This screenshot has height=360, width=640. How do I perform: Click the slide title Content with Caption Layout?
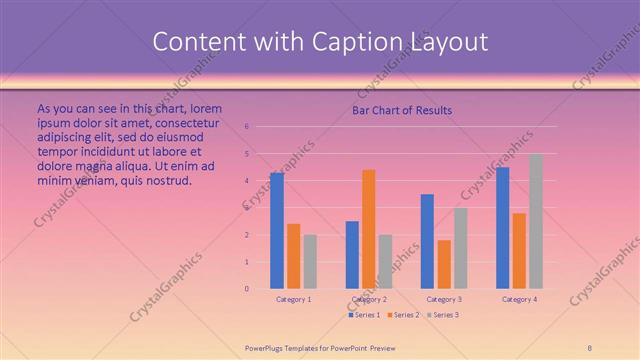(x=319, y=42)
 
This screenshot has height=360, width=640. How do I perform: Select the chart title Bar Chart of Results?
(x=401, y=110)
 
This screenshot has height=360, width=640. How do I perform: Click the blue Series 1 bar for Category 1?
(x=277, y=231)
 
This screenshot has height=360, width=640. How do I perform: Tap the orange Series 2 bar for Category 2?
(x=369, y=229)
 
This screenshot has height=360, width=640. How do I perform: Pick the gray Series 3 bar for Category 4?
(x=536, y=221)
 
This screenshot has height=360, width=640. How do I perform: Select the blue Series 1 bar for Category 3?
(x=427, y=241)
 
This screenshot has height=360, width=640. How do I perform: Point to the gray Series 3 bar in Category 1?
(x=310, y=261)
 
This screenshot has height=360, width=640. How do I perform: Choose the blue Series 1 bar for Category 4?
(x=502, y=228)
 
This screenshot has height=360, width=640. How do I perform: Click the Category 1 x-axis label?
(x=294, y=299)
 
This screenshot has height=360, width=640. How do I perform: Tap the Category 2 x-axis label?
(x=369, y=299)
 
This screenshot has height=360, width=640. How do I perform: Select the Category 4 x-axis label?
(x=519, y=299)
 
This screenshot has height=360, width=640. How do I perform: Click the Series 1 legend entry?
(x=366, y=315)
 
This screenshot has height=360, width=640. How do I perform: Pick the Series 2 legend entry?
(x=404, y=315)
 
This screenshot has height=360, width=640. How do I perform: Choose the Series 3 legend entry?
(x=443, y=315)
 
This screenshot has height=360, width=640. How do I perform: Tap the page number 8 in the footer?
(x=590, y=347)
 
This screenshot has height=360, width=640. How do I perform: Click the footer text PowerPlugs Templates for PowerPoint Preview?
(x=320, y=347)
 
